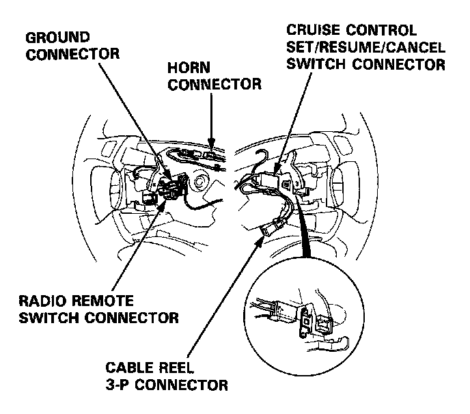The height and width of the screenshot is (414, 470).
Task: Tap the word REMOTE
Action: (104, 301)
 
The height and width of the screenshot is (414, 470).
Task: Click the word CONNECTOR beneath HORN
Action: (215, 85)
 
